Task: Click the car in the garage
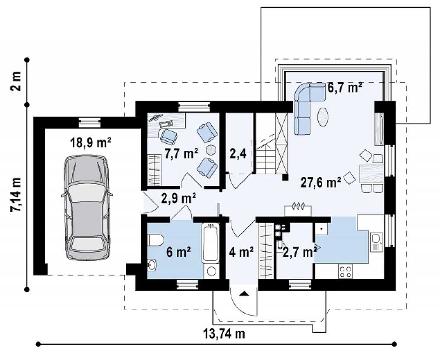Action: (87, 208)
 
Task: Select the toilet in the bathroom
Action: (155, 241)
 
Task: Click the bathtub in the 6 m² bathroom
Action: (210, 243)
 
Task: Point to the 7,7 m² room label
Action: (181, 154)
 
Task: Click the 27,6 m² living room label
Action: (321, 182)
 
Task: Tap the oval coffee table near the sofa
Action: (323, 117)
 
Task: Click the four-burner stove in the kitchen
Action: (346, 272)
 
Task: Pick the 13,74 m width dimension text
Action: (224, 334)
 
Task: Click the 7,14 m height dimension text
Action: (16, 195)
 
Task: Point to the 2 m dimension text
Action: (16, 81)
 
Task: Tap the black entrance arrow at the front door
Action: (245, 294)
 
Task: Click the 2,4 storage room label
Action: (238, 154)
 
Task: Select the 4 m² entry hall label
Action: (241, 252)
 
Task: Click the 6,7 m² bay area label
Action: (345, 88)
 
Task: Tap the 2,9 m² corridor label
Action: (178, 198)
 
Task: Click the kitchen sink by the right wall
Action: (376, 242)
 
